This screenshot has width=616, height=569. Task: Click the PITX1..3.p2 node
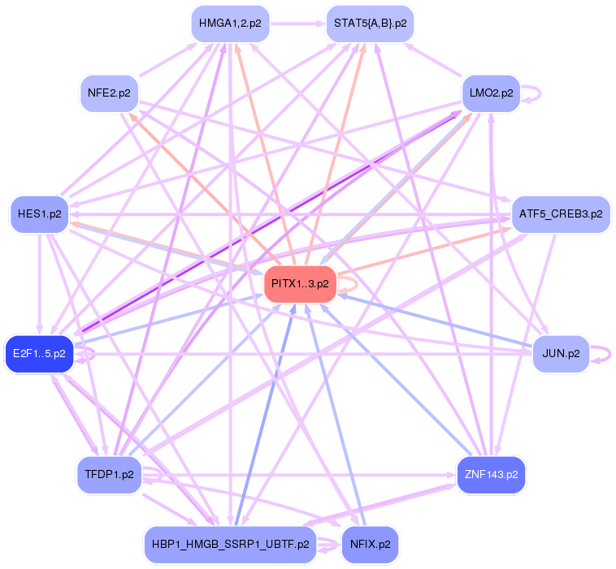(x=300, y=283)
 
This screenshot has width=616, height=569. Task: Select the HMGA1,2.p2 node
(x=230, y=24)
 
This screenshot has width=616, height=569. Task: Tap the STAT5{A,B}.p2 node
(x=370, y=24)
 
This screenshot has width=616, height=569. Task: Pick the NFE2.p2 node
(x=109, y=93)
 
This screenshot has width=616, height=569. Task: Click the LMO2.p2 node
(x=491, y=93)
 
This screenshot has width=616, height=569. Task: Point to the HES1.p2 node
(x=38, y=214)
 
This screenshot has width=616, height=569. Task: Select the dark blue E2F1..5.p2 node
(x=39, y=354)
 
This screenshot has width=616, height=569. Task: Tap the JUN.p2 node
(x=561, y=354)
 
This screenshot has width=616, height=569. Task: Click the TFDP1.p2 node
(x=109, y=474)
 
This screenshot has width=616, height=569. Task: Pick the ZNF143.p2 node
(x=491, y=474)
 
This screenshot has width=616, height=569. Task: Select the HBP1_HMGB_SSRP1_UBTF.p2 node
(x=230, y=544)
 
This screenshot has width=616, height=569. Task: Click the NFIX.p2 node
(x=370, y=544)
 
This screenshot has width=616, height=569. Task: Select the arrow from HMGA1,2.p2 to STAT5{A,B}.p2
(x=297, y=24)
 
